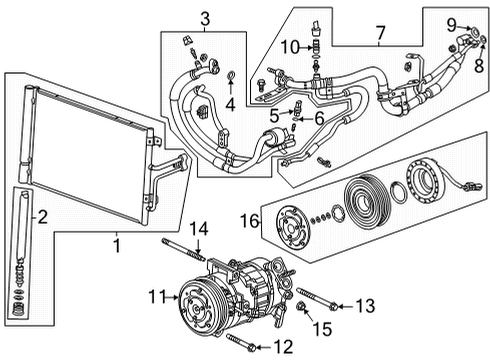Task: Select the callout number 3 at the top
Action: coord(204,18)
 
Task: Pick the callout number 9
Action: coord(451,23)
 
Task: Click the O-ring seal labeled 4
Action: coord(231,76)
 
